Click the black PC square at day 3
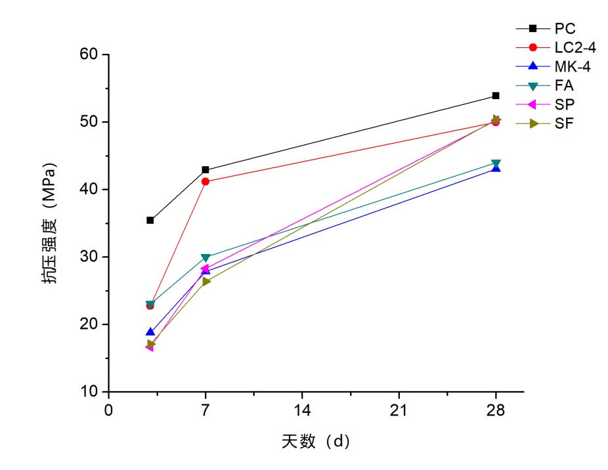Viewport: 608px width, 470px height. pos(150,221)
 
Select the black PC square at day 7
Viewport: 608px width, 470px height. pos(206,170)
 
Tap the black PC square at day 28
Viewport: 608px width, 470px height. pos(496,96)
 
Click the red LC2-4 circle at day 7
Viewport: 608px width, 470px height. pos(206,182)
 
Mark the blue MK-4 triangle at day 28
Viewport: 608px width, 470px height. pos(496,168)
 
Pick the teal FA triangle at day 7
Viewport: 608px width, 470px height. pos(206,257)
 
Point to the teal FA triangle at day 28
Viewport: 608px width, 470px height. pos(496,163)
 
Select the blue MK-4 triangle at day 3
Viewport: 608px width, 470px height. pos(150,332)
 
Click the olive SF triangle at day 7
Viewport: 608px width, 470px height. pos(206,282)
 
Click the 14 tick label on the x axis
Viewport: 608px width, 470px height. pos(302,411)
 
